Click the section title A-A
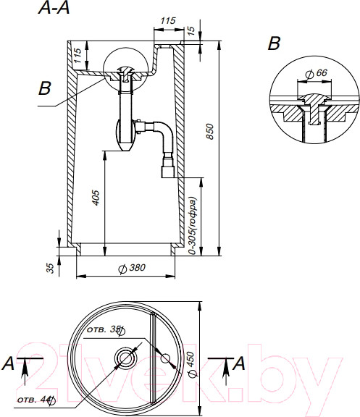tap(54, 8)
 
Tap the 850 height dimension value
tap(210, 131)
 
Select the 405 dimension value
tap(96, 198)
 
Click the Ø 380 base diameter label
tap(132, 268)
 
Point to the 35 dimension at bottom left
tap(50, 268)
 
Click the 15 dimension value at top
tap(191, 30)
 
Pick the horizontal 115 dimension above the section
tap(168, 20)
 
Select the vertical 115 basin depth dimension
tap(78, 55)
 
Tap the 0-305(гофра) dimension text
tap(192, 226)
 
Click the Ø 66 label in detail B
tap(317, 73)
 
